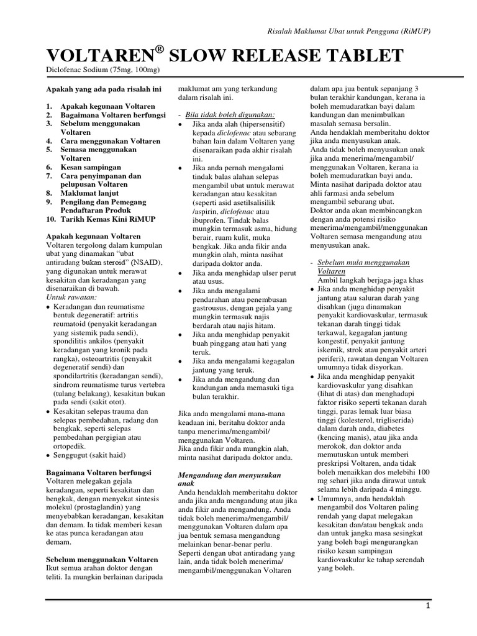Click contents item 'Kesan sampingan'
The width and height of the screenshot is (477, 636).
(89, 167)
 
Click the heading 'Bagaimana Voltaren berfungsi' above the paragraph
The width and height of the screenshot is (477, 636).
(99, 473)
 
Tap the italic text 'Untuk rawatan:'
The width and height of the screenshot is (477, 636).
(71, 298)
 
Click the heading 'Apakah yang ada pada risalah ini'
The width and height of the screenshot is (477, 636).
(104, 89)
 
